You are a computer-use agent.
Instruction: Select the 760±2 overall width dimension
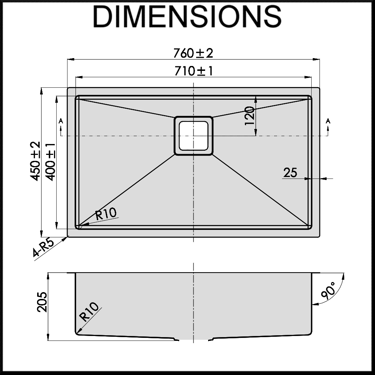click(193, 53)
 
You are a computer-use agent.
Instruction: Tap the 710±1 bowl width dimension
click(193, 71)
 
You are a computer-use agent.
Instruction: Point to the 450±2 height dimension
click(35, 161)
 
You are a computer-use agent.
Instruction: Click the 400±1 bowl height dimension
click(50, 161)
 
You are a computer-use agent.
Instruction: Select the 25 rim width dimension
click(290, 172)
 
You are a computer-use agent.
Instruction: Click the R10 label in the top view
click(106, 214)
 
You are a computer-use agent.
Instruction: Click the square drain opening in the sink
click(193, 135)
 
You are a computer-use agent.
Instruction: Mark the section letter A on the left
click(61, 121)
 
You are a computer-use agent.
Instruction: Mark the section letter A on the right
click(328, 121)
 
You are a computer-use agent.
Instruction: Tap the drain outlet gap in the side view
click(193, 340)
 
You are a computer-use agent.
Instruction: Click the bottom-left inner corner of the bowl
click(79, 226)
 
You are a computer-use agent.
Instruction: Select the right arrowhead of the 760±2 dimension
click(317, 59)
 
